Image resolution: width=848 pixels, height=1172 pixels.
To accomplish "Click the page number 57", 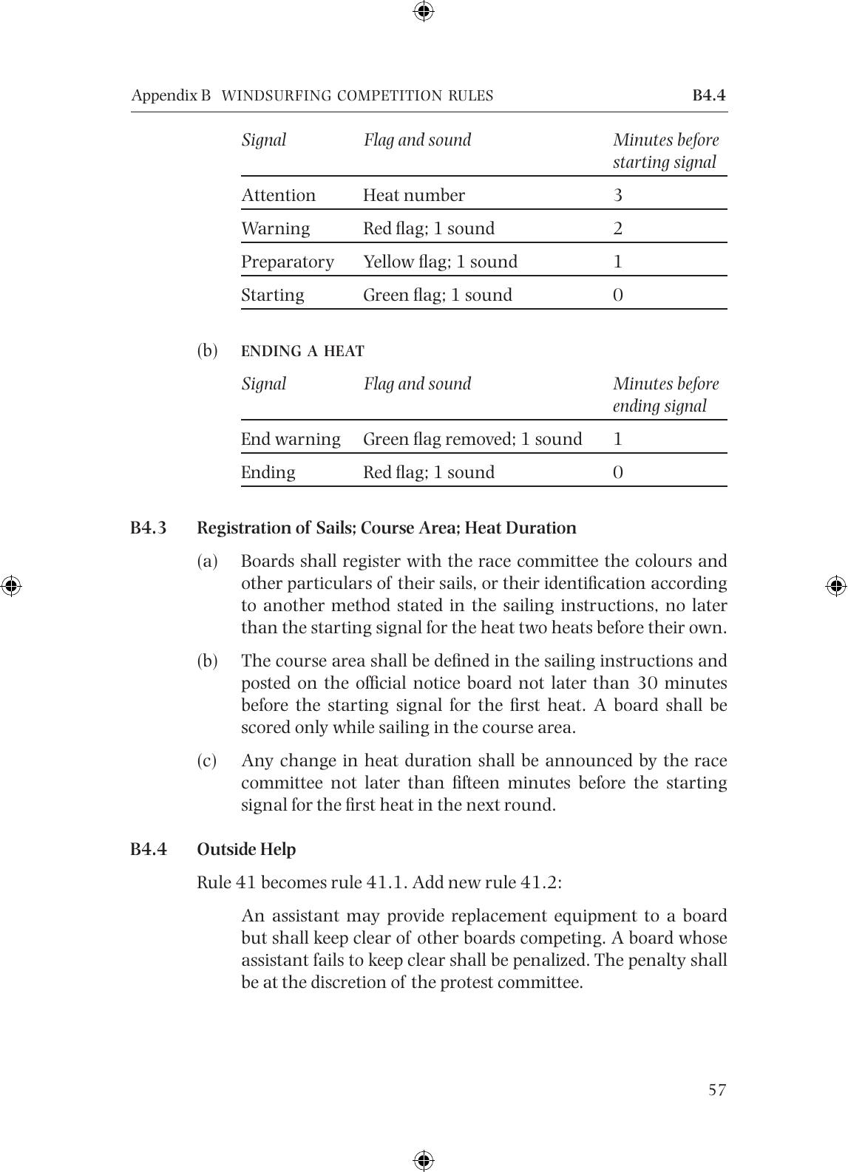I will coord(717,1090).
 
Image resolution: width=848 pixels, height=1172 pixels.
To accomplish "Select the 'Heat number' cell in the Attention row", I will coord(414,195).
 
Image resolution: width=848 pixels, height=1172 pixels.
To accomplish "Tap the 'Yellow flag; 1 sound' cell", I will coord(440,262).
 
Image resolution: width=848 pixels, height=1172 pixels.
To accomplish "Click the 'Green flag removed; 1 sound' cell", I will coord(472,439).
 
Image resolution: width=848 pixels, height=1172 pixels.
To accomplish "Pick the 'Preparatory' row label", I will coord(288,262).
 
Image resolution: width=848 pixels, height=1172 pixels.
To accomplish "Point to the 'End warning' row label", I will coord(291,439).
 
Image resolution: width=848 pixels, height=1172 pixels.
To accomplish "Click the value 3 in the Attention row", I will coord(618,195).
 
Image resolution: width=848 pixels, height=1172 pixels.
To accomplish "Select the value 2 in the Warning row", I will coord(618,228).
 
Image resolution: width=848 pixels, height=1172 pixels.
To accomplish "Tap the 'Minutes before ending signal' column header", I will coord(665,395).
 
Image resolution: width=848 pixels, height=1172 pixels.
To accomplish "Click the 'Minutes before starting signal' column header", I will coord(665,151).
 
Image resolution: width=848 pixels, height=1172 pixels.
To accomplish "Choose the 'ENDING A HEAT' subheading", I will coord(302,351).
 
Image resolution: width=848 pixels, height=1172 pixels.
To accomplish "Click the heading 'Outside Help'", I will coord(246,849).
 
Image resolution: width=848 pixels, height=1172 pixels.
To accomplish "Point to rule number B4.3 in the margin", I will coord(149,528).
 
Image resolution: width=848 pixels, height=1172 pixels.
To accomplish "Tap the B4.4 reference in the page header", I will coord(709,95).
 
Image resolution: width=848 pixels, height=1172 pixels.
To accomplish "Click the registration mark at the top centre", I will coord(424,11).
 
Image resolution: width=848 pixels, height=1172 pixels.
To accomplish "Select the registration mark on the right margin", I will coord(836,586).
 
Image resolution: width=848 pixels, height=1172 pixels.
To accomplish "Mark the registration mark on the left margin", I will coord(11,586).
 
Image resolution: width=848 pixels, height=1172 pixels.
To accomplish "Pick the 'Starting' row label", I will coord(273,295).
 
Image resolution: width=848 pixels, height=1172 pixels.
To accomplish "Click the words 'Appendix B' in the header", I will coord(171,95).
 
